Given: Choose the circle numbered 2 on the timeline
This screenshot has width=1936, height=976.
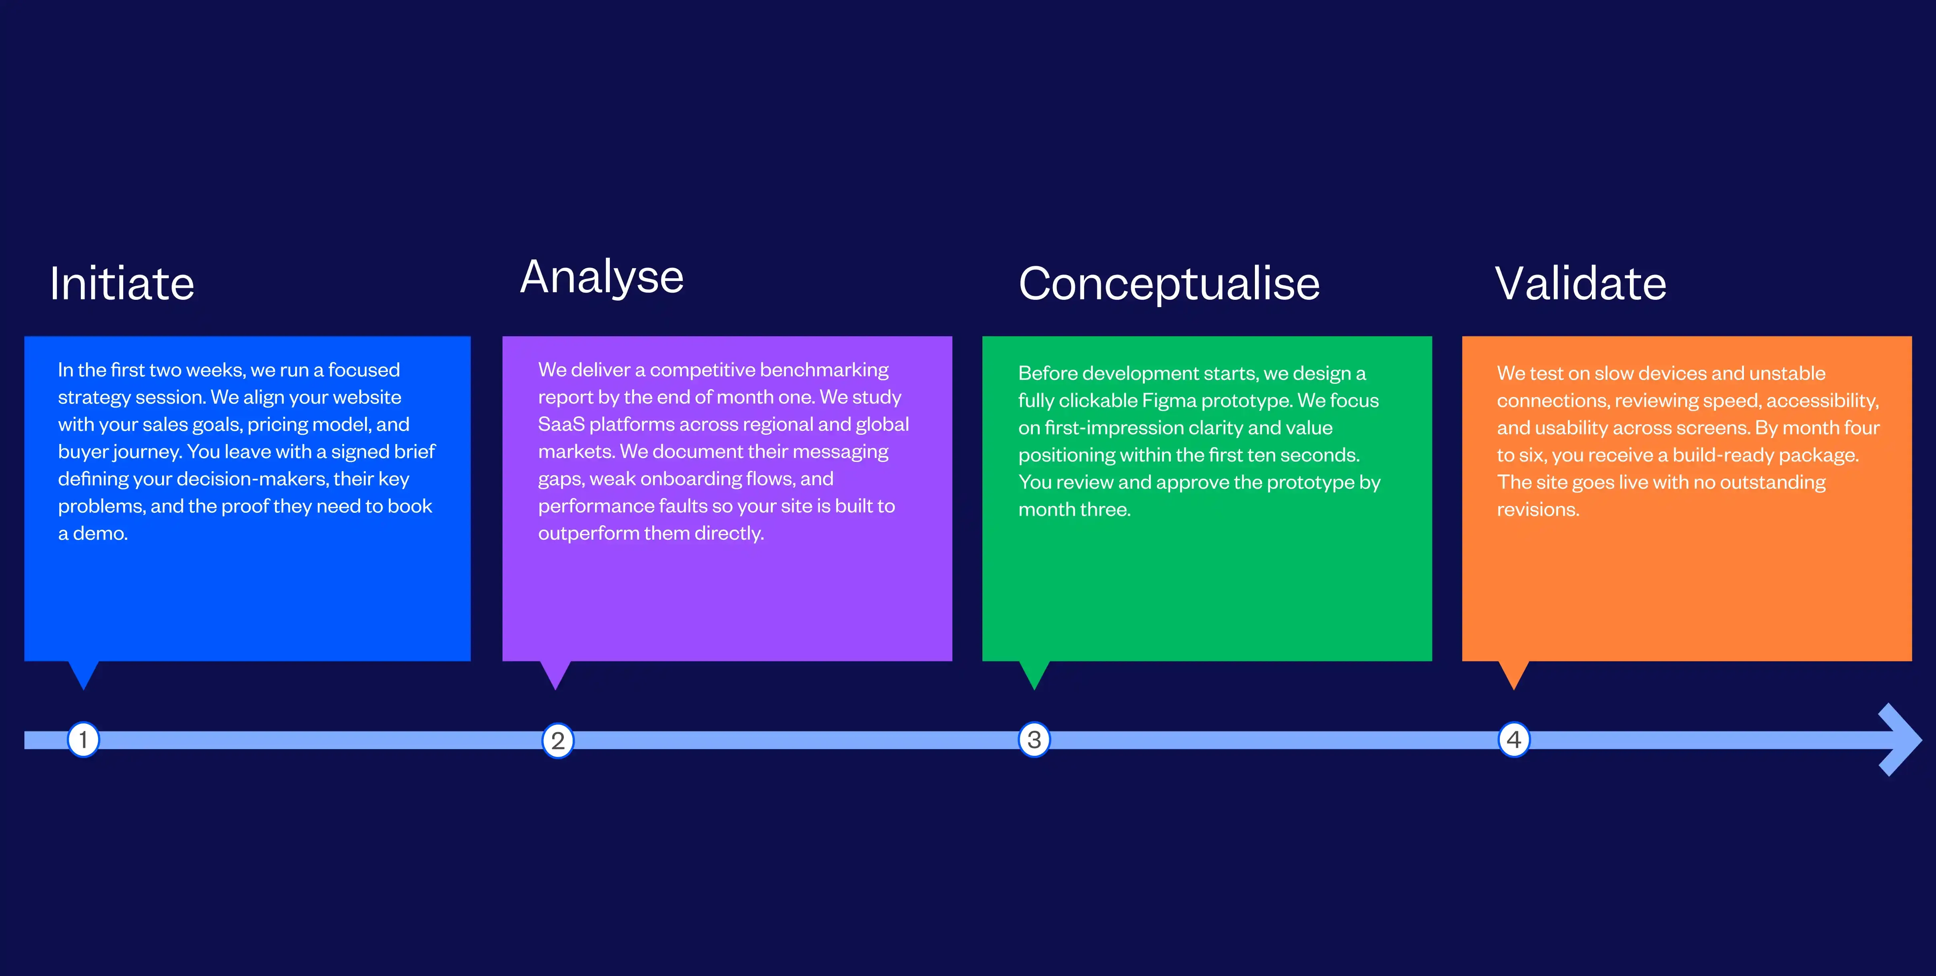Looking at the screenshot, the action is [x=558, y=741].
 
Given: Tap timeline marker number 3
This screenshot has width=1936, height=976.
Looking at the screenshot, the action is [x=1034, y=740].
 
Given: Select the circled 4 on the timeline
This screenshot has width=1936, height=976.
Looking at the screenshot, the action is [x=1514, y=740].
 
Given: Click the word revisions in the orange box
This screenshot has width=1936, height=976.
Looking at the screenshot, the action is [x=1538, y=510].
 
